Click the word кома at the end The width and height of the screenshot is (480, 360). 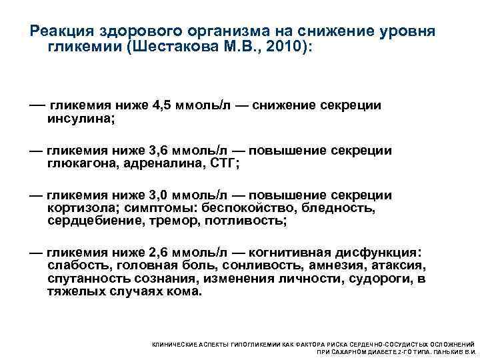(184, 291)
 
